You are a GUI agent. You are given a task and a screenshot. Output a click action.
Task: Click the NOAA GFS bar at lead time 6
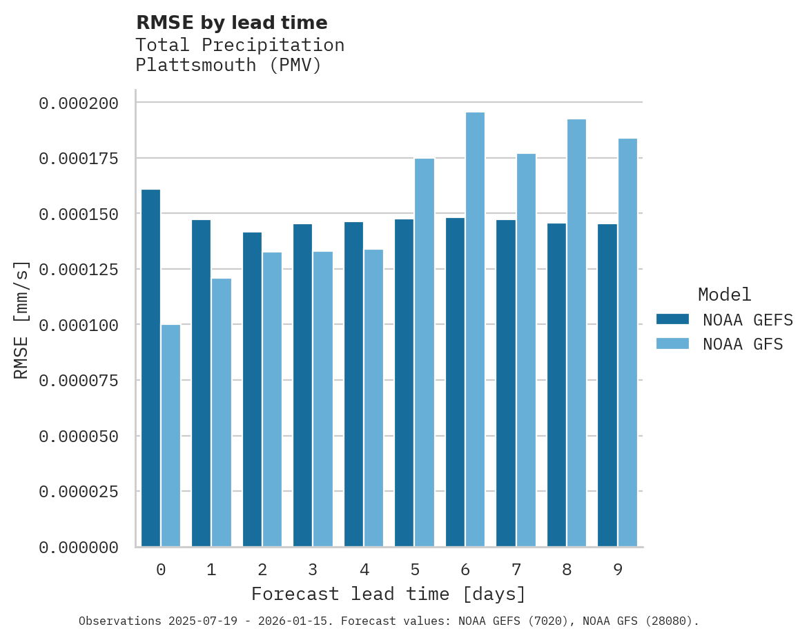[475, 330]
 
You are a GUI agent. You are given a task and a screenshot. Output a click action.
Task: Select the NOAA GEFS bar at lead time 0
[150, 368]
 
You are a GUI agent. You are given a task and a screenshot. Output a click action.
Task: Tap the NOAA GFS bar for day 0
[170, 436]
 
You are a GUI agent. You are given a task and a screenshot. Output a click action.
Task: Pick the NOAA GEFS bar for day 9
[607, 386]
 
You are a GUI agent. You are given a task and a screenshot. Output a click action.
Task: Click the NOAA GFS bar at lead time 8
[576, 333]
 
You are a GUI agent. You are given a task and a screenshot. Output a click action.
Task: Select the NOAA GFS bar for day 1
[222, 412]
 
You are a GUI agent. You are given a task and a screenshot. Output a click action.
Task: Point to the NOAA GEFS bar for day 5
[404, 383]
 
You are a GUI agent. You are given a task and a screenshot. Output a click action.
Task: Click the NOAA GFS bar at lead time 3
[323, 399]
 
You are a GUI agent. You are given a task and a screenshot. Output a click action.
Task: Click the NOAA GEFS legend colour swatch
[672, 319]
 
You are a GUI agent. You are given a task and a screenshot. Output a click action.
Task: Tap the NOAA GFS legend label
[743, 343]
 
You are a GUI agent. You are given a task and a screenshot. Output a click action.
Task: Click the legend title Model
[724, 294]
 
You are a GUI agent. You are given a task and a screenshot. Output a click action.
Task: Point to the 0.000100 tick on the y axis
[79, 325]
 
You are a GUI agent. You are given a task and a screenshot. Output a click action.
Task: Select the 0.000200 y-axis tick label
[79, 103]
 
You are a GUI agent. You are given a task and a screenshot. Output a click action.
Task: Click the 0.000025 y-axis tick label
[79, 492]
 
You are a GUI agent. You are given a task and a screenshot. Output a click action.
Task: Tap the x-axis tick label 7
[516, 570]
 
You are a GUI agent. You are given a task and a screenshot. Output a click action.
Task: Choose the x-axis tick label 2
[262, 570]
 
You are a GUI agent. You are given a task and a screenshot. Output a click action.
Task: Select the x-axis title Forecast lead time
[389, 594]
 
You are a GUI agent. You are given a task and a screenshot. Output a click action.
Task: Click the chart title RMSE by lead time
[231, 23]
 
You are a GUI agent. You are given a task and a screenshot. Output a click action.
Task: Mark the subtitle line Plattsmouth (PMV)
[228, 66]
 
